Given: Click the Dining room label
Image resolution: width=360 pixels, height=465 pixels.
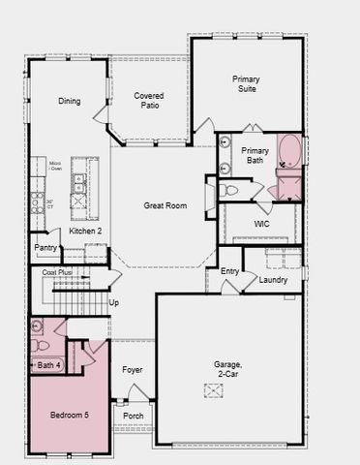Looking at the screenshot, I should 69,101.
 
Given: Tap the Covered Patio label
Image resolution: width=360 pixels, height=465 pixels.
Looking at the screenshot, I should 148,101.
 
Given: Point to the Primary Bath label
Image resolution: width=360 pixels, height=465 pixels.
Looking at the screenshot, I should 255,156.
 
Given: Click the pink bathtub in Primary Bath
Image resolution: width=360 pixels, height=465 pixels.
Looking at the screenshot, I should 289,152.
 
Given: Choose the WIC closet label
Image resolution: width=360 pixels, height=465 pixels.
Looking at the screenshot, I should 261,224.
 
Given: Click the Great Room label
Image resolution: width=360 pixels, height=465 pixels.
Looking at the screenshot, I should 165,205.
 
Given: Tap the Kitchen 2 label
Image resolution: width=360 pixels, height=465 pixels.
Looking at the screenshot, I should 85,232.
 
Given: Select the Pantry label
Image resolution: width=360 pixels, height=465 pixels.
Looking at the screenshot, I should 45,248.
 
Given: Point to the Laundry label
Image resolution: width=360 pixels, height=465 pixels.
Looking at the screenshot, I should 274,280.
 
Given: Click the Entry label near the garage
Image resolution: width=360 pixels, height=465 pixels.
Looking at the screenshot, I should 229,272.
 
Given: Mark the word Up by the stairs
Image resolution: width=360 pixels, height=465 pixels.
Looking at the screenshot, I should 113,303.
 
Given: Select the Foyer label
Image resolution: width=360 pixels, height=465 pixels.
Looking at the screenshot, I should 132,370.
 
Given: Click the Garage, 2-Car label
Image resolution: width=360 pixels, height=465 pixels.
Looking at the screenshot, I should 228,369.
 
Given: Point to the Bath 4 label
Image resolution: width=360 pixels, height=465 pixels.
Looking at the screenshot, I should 47,365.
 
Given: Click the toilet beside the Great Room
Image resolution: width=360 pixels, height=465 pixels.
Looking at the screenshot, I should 230,190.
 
